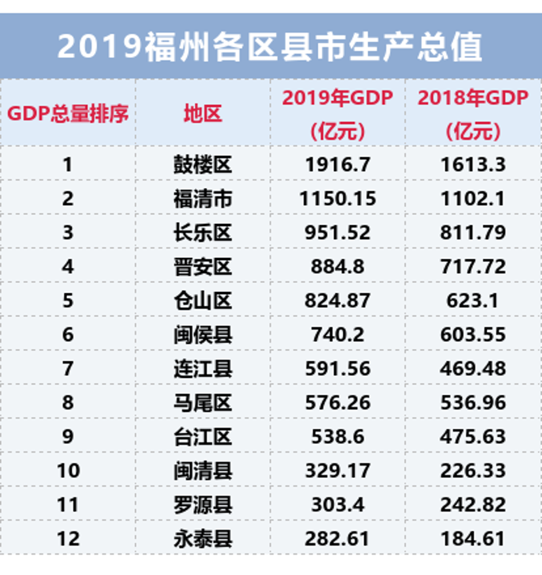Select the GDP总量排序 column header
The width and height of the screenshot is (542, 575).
[68, 114]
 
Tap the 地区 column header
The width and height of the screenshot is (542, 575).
[203, 114]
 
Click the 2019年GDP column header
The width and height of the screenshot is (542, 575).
[338, 114]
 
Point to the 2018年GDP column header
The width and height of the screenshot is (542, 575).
[473, 114]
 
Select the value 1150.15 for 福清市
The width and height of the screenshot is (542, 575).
[338, 198]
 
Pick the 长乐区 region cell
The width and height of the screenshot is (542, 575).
[203, 232]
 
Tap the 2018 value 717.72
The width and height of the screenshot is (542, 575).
[473, 267]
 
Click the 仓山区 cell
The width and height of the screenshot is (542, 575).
[203, 301]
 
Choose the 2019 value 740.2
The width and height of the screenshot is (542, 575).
[338, 335]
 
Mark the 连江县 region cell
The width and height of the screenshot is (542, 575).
[203, 369]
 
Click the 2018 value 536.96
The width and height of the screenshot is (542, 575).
[473, 403]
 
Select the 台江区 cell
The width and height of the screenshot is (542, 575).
[203, 437]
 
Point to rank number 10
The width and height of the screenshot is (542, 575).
[68, 471]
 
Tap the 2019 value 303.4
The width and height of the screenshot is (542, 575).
[338, 505]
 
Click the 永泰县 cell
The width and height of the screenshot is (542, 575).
[203, 539]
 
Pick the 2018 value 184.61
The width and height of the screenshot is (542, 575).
[473, 539]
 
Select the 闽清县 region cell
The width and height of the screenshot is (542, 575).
[203, 471]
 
